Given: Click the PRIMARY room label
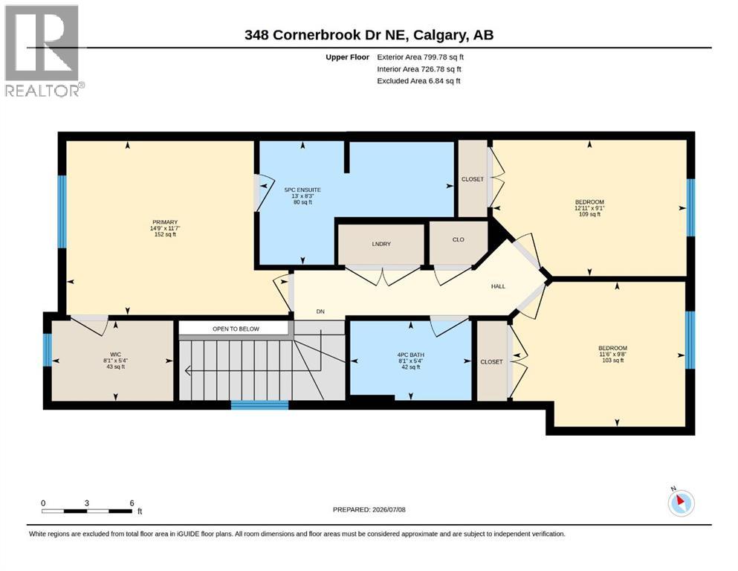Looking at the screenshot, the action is (x=165, y=222).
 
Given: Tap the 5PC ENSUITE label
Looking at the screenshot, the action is (x=302, y=190).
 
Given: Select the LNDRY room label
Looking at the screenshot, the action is (x=381, y=244).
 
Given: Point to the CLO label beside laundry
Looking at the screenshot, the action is (x=459, y=239).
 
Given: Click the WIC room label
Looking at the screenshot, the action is (x=115, y=355).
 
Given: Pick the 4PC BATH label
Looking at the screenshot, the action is (x=411, y=355).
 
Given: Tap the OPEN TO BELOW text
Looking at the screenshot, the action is (x=236, y=329).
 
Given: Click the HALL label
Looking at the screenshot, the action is (x=498, y=286).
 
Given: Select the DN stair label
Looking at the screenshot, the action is (x=320, y=312).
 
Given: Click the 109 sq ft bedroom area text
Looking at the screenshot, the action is (x=589, y=214).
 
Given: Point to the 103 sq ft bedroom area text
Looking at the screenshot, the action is (x=613, y=361).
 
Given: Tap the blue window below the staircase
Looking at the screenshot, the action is (x=259, y=405).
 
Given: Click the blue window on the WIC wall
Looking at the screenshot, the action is (x=47, y=349).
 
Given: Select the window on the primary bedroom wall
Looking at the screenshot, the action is (x=62, y=212).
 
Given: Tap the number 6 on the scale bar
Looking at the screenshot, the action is (x=132, y=503).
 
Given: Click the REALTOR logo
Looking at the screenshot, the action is (x=43, y=51).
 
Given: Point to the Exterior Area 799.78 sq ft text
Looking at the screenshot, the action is (x=421, y=57).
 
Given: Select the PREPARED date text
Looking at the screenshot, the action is (x=369, y=509).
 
